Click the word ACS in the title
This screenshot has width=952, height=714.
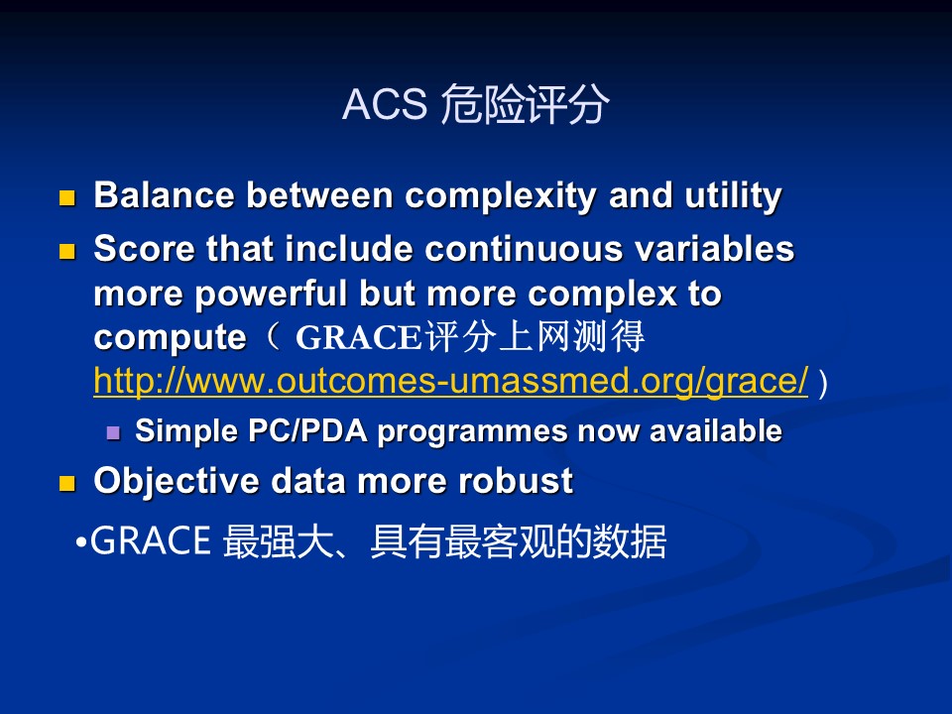pos(385,104)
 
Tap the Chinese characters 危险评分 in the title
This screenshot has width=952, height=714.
pos(525,104)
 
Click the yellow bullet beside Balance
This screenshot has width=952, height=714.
pos(66,198)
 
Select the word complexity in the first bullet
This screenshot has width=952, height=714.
pos(500,196)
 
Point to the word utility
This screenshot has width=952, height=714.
pos(734,196)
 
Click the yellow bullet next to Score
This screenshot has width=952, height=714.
pos(66,251)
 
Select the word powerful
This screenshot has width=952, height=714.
pos(271,294)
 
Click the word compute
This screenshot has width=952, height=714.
pos(170,338)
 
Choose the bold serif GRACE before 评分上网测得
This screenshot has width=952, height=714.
pos(358,337)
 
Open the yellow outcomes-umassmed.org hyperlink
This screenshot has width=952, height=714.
pos(450,381)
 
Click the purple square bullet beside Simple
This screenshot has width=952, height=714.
pos(113,433)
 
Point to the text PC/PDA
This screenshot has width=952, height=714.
pos(307,430)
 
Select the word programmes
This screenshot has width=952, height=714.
pos(473,431)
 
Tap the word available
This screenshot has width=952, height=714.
pos(716,430)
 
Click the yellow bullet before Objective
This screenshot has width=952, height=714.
pos(66,484)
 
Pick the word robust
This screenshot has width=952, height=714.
pos(516,481)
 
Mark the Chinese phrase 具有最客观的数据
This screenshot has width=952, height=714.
pos(519,541)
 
